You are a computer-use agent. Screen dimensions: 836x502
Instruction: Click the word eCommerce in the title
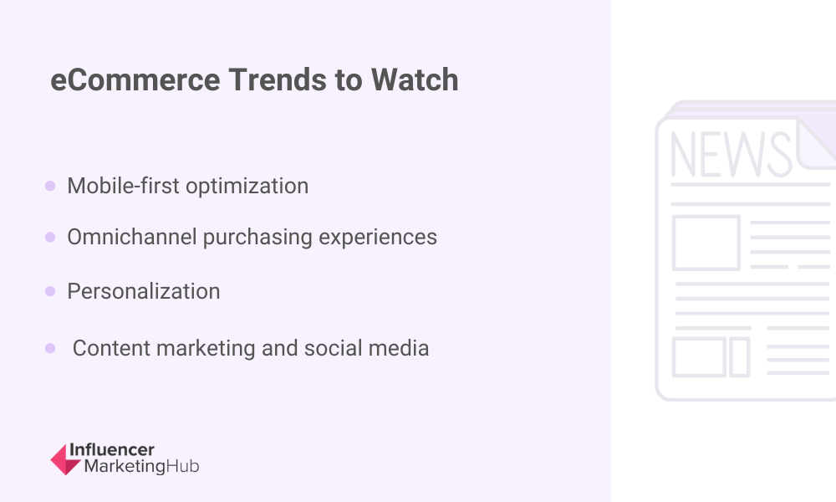pos(135,80)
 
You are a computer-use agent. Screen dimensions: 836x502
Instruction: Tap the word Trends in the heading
pos(278,80)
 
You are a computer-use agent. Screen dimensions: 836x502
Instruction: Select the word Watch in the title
pos(415,80)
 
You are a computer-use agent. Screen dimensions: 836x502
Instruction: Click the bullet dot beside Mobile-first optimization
pos(50,186)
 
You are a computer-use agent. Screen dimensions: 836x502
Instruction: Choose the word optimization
pos(247,187)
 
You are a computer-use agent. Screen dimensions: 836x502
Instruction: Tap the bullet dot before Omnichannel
pos(50,237)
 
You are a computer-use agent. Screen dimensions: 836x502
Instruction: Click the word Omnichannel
pos(132,237)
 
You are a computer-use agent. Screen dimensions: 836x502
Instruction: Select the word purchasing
pos(257,238)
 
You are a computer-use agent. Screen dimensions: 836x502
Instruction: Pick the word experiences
pos(378,238)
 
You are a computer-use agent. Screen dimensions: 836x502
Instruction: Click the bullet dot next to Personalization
pos(50,291)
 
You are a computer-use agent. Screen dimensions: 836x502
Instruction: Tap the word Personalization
pos(144,291)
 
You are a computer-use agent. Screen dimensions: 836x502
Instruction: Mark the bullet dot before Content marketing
pos(50,348)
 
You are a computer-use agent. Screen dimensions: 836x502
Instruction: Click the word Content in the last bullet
pos(111,348)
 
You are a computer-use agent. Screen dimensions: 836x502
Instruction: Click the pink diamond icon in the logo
pos(65,459)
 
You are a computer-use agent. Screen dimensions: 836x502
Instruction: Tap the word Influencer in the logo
pos(112,450)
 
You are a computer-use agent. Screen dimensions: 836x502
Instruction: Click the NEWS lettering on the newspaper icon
pos(731,154)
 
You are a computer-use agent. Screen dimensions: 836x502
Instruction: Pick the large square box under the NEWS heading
pos(706,243)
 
